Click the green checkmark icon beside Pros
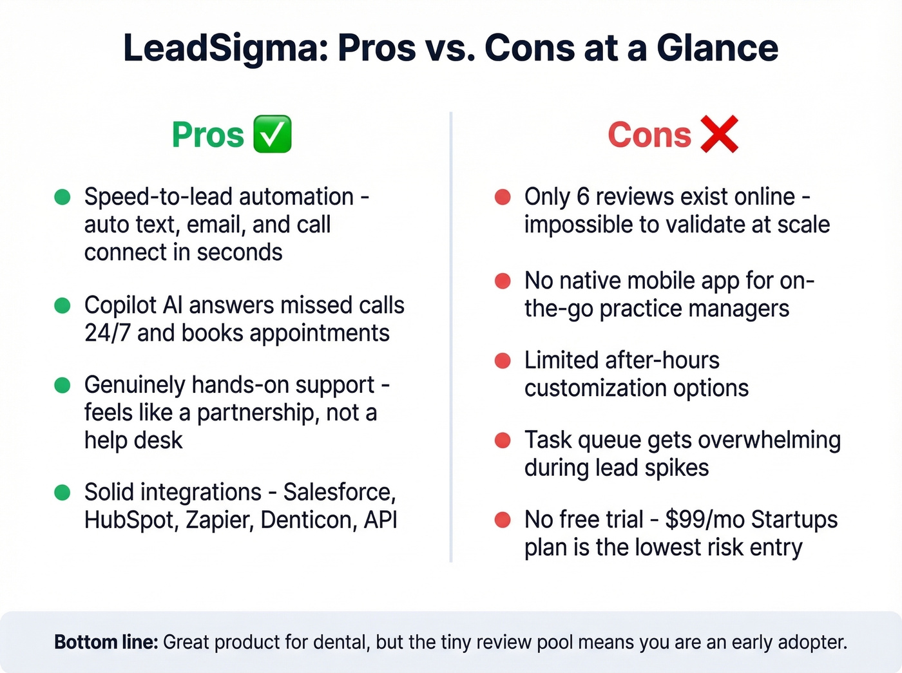coord(272,134)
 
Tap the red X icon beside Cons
coord(719,134)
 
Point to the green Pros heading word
coord(208,135)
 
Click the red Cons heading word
coord(649,135)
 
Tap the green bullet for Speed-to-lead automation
coord(62,197)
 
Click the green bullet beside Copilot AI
coord(62,305)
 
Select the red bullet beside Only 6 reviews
coord(503,197)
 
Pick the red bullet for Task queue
coord(503,441)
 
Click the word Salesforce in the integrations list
coord(339,493)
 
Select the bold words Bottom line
coord(106,642)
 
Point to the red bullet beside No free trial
coord(503,520)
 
